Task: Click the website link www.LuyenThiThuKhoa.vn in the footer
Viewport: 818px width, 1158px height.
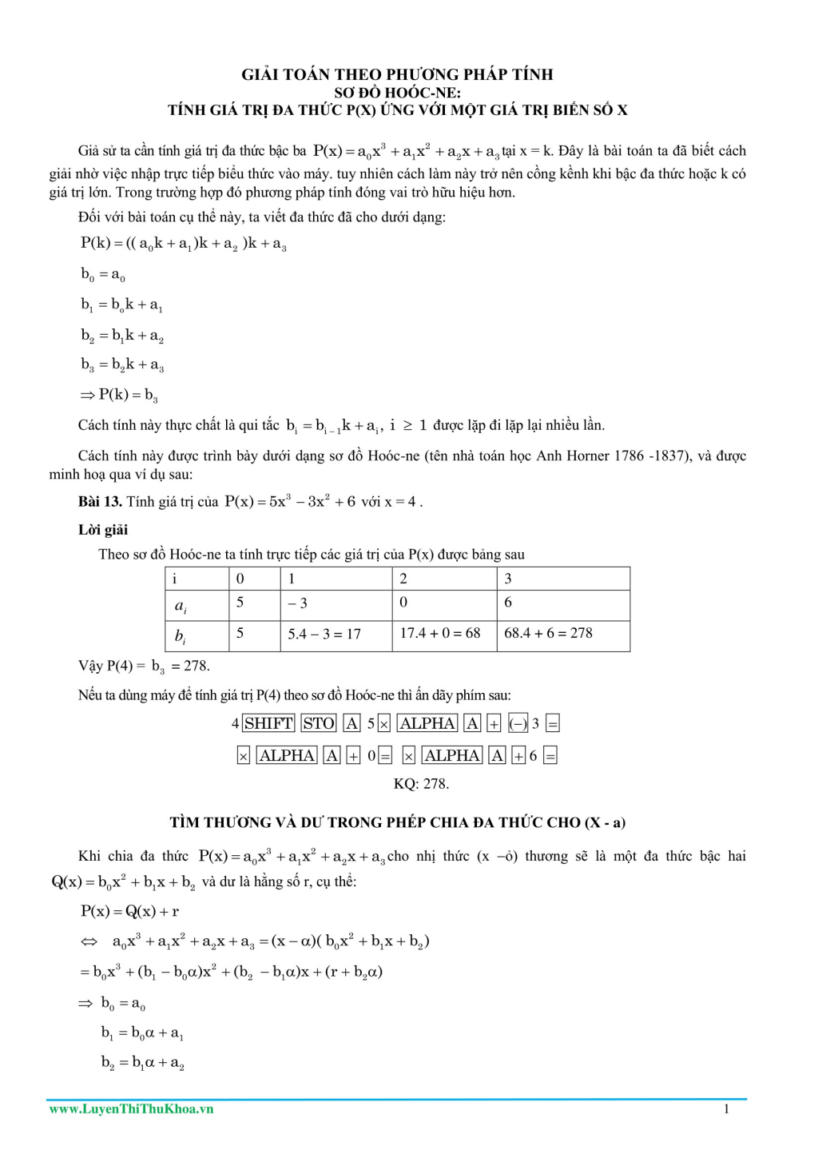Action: point(131,1108)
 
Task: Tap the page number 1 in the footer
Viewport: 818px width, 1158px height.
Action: point(726,1108)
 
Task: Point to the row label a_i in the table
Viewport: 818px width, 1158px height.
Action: point(181,606)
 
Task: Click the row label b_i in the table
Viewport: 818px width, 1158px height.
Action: point(181,636)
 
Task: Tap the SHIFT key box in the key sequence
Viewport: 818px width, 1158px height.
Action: point(268,723)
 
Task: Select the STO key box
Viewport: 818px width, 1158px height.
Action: point(319,723)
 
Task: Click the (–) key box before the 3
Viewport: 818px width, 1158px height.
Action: point(518,723)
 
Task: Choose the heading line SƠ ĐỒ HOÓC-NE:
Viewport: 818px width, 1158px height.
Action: point(397,92)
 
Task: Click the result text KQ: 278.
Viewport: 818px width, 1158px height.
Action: point(421,784)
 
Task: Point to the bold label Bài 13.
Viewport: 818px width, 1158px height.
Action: point(100,502)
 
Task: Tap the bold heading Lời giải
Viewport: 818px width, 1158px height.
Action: point(103,530)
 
